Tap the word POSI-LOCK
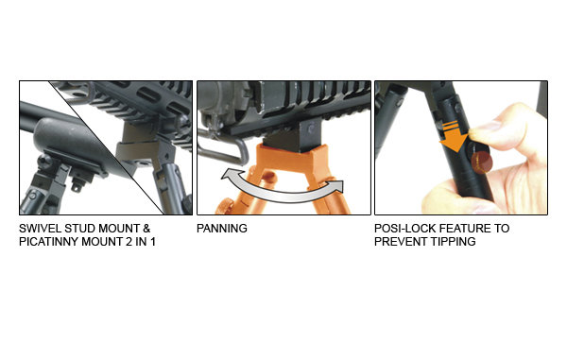click(404, 229)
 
